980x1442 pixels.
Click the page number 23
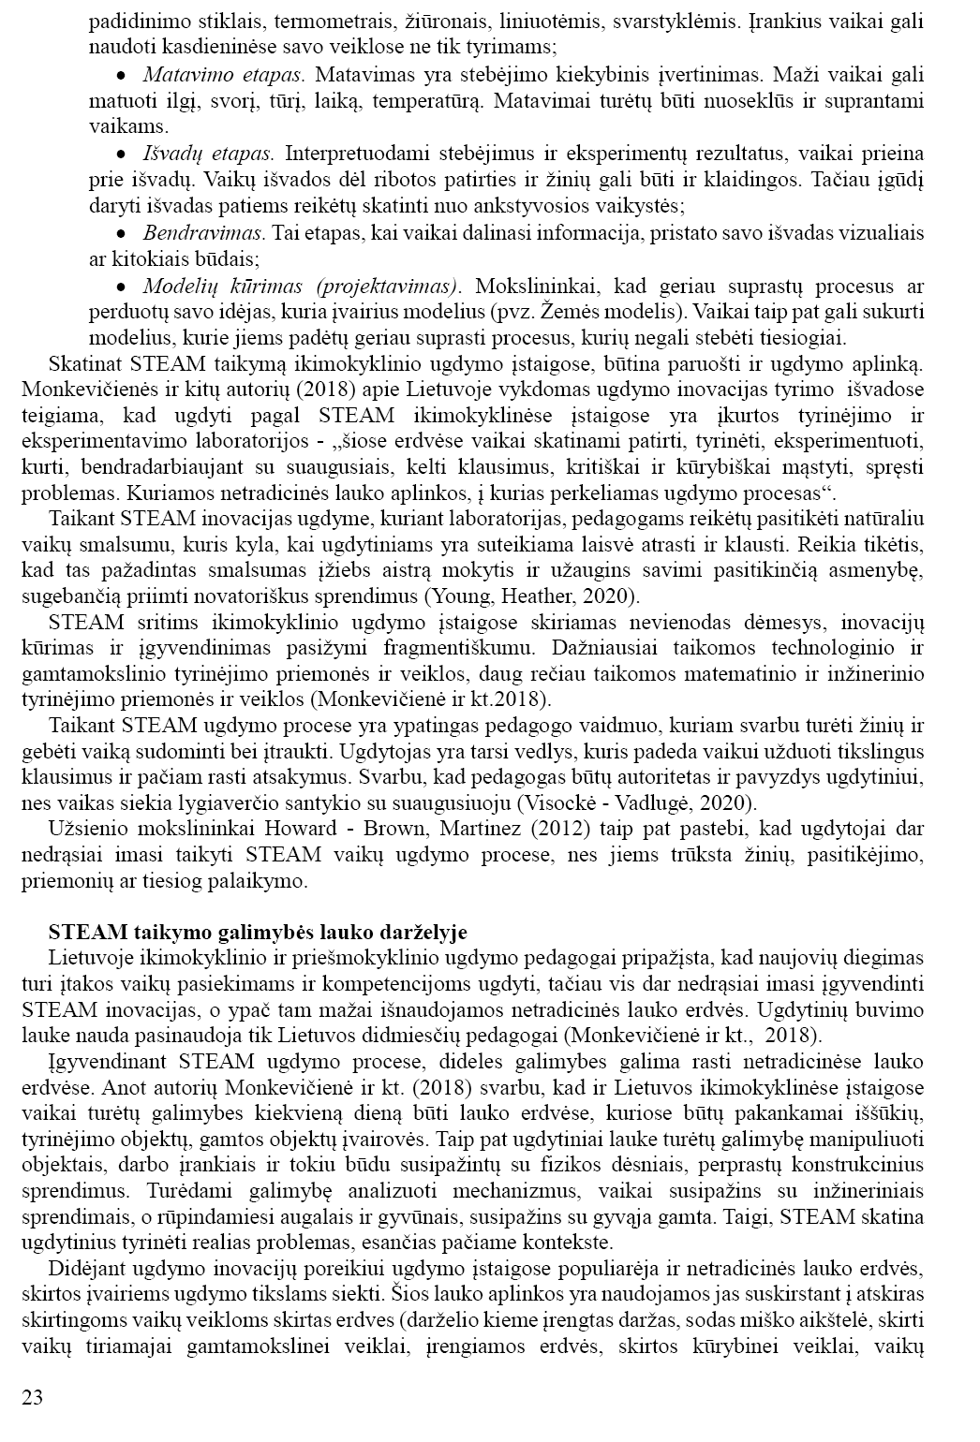32,1398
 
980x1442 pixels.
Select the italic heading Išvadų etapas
208,153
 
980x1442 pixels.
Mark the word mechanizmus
512,1191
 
